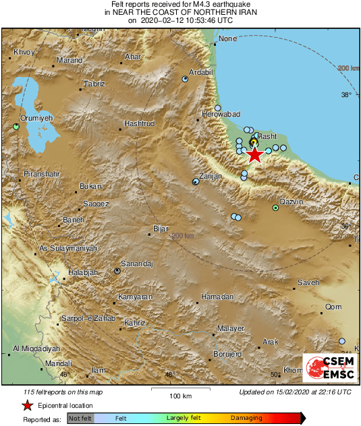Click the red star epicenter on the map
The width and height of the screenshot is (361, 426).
click(254, 155)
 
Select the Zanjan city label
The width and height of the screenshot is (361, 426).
click(211, 176)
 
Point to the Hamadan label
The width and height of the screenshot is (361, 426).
click(217, 297)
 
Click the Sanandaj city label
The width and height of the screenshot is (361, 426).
click(137, 264)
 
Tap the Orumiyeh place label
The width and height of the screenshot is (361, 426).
click(36, 118)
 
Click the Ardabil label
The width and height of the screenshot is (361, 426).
click(200, 72)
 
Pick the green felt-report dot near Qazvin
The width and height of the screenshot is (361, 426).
click(275, 208)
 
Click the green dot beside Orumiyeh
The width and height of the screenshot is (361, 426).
click(16, 126)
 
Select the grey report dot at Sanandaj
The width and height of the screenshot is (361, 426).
click(117, 271)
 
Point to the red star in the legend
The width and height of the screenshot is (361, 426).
click(27, 405)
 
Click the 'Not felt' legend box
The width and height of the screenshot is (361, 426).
click(80, 419)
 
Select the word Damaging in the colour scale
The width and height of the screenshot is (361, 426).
click(247, 419)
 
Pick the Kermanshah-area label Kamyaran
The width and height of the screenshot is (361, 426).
click(135, 297)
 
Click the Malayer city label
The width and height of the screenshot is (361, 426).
click(230, 328)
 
